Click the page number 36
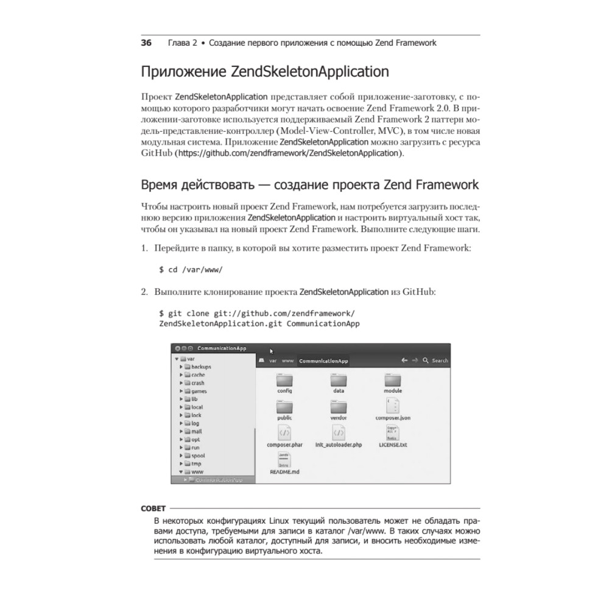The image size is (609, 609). click(146, 43)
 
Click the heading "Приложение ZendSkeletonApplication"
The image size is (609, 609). click(265, 72)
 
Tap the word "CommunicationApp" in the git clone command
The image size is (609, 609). click(323, 323)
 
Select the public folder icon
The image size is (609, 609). click(284, 407)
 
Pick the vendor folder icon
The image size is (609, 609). click(339, 407)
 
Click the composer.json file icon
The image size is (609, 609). click(393, 406)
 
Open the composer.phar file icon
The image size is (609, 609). click(284, 433)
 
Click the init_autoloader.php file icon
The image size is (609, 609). click(339, 433)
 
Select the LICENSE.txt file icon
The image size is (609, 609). click(393, 433)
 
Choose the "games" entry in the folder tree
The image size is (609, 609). click(199, 391)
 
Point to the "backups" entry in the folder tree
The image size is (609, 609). click(200, 367)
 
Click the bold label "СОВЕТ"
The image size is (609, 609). click(153, 508)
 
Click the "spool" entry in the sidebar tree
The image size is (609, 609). click(198, 455)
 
